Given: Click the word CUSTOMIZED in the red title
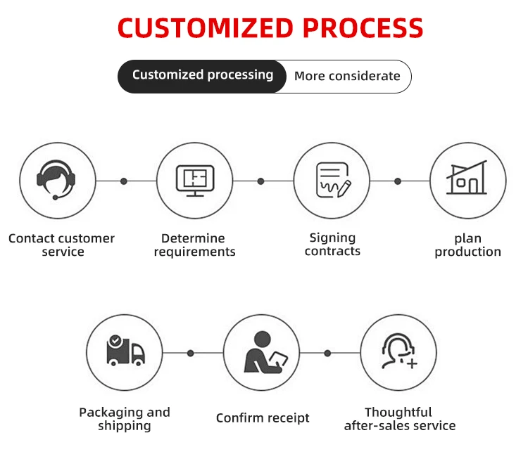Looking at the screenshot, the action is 206,27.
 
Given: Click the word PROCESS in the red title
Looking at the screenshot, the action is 363,27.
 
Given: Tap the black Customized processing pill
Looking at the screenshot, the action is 202,77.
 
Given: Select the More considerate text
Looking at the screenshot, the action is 347,76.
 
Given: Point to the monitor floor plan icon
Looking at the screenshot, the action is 195,181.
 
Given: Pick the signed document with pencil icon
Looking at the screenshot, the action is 334,180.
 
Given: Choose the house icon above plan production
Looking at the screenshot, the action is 467,178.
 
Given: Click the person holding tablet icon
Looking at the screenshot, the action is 265,352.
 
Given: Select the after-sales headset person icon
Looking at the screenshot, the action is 399,351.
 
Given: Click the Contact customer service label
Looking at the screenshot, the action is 62,245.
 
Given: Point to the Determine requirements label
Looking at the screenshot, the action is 194,245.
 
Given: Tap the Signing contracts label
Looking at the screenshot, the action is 332,245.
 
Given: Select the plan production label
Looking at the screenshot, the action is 467,245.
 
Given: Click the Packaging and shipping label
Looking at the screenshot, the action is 124,419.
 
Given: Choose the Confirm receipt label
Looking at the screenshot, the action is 263,418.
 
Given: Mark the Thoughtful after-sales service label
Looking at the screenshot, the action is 400,419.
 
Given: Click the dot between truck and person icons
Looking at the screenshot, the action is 191,353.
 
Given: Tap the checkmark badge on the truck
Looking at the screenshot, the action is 115,340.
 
